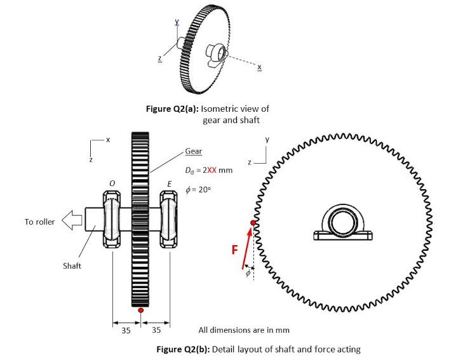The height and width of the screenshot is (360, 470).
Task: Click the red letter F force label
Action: [234, 250]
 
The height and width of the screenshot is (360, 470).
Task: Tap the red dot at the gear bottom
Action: [140, 310]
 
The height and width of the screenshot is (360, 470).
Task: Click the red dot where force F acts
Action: [253, 223]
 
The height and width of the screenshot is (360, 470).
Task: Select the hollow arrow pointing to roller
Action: [75, 221]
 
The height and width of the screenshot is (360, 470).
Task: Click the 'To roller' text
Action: [40, 222]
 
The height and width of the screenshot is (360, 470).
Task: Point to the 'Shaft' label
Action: [72, 265]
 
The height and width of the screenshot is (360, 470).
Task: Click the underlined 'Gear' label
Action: [193, 152]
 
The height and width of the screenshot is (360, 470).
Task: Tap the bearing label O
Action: [112, 183]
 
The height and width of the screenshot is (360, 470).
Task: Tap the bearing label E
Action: [169, 183]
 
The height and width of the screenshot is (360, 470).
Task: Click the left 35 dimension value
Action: [126, 330]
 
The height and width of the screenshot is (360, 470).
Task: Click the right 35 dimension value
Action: [156, 330]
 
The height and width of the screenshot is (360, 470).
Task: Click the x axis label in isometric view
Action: [259, 68]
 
